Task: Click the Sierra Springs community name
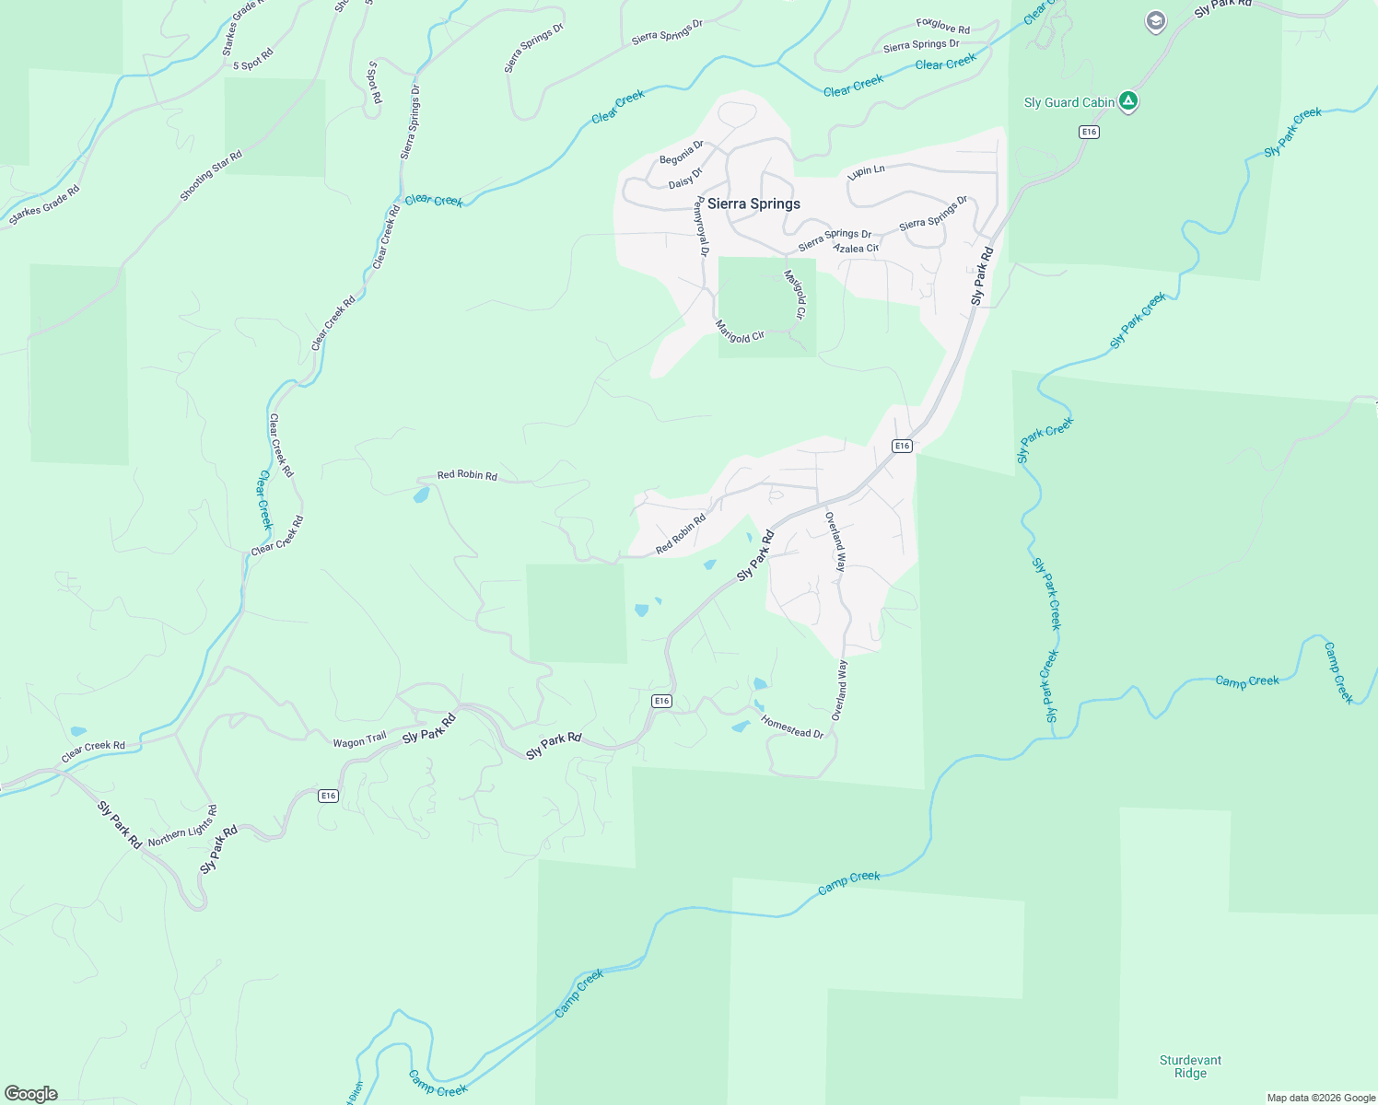pos(753,204)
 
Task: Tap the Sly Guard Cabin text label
pos(1069,103)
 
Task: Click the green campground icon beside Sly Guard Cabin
pos(1128,101)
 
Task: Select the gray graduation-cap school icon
pos(1155,21)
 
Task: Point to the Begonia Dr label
pos(682,153)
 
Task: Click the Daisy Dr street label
pos(685,178)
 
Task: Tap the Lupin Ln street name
pos(866,171)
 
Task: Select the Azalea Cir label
pos(856,249)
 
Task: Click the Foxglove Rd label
pos(943,27)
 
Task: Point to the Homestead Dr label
pos(792,727)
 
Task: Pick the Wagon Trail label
pos(360,740)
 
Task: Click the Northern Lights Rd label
pos(182,827)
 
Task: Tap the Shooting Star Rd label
pos(211,176)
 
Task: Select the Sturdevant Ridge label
pos(1190,1066)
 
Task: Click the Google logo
pos(31,1094)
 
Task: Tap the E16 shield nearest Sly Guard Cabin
pos(1090,133)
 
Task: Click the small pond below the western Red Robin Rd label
pos(421,495)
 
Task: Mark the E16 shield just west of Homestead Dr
pos(661,702)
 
